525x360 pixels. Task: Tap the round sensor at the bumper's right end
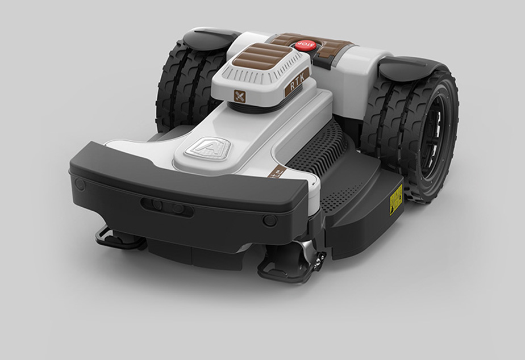pyautogui.click(x=270, y=220)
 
